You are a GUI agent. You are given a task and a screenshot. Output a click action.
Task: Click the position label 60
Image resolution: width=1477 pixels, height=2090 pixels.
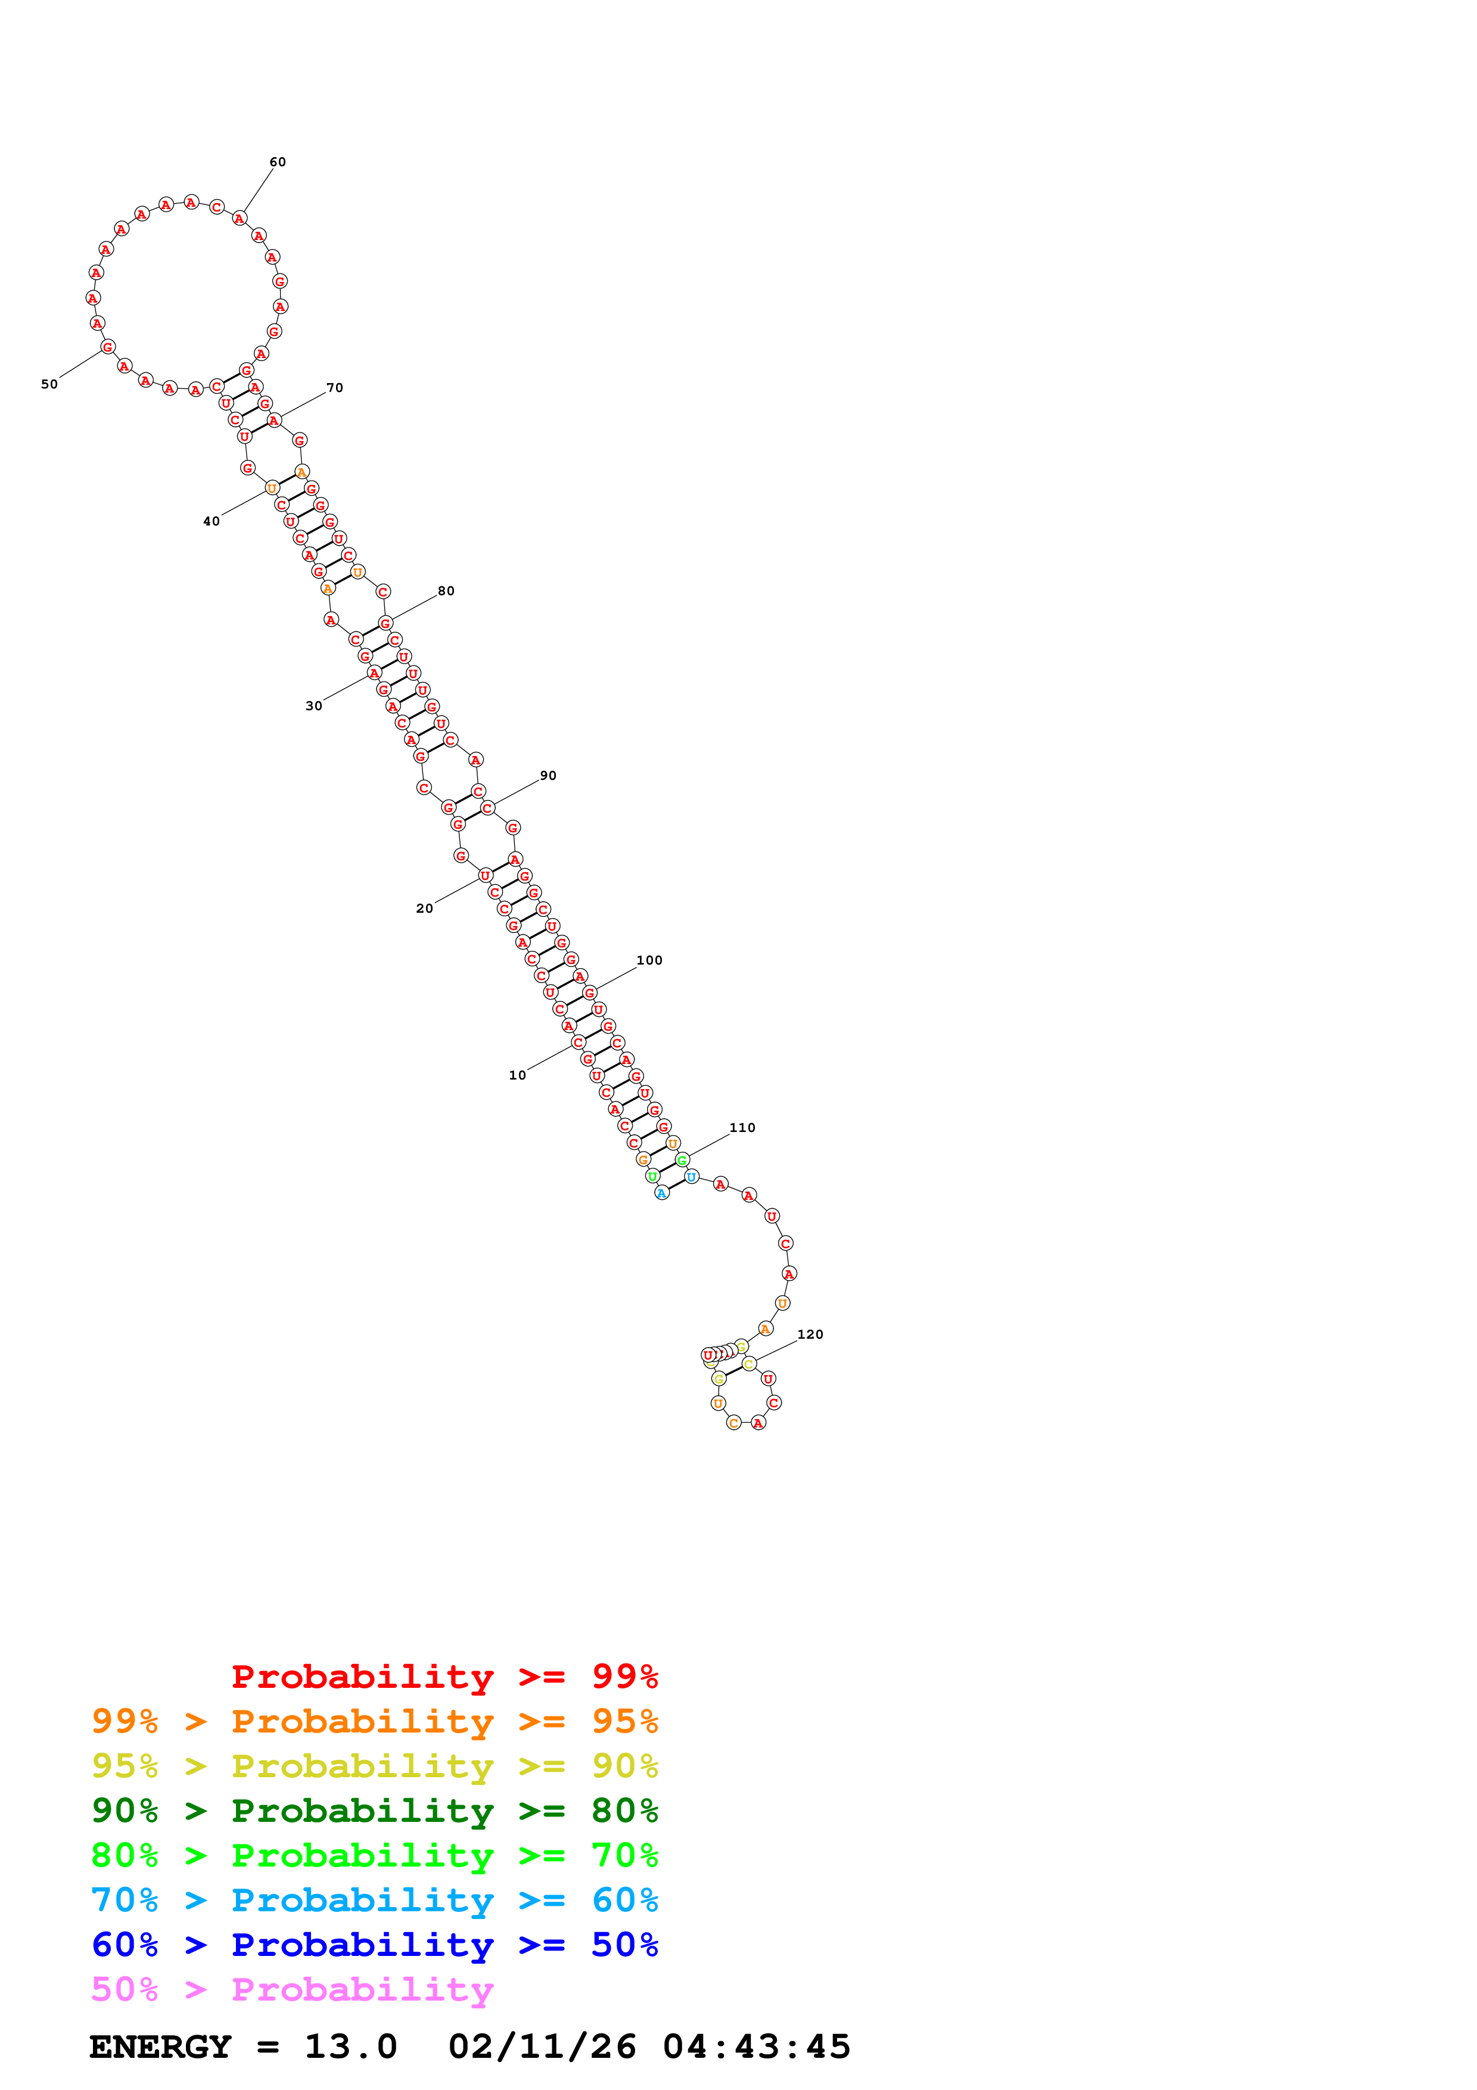point(278,162)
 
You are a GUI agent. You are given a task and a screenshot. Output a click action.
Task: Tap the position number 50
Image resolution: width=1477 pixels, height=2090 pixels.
point(49,384)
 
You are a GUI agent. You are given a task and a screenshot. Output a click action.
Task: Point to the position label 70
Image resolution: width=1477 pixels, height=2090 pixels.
point(335,388)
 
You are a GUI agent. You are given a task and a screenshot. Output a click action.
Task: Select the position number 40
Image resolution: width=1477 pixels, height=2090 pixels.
point(211,521)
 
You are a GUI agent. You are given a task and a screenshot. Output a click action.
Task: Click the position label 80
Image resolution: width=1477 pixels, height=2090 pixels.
point(446,591)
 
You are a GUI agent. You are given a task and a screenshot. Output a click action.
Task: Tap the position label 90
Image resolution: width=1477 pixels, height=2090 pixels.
point(548,776)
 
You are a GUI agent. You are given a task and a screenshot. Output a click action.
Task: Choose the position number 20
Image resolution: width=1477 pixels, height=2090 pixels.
point(424,909)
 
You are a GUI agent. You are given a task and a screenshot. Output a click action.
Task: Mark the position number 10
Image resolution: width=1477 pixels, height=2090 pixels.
point(517,1075)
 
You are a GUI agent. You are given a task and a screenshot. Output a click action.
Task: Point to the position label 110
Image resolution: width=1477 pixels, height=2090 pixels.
point(742,1128)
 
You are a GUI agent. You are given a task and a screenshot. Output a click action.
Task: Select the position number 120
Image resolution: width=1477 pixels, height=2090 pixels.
point(810,1335)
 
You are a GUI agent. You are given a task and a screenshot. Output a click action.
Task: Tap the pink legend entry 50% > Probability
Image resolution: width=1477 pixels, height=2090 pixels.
point(292,1990)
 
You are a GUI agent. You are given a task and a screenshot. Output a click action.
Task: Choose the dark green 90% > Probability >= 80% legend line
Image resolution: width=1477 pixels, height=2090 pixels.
point(374,1811)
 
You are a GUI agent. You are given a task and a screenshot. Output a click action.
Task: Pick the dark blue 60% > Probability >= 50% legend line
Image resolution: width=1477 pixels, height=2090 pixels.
point(374,1945)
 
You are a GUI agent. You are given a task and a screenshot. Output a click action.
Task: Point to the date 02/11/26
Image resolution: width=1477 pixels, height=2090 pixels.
point(542,2047)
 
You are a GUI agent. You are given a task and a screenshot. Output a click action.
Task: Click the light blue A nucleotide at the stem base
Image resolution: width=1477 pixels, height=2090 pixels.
point(661,1193)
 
